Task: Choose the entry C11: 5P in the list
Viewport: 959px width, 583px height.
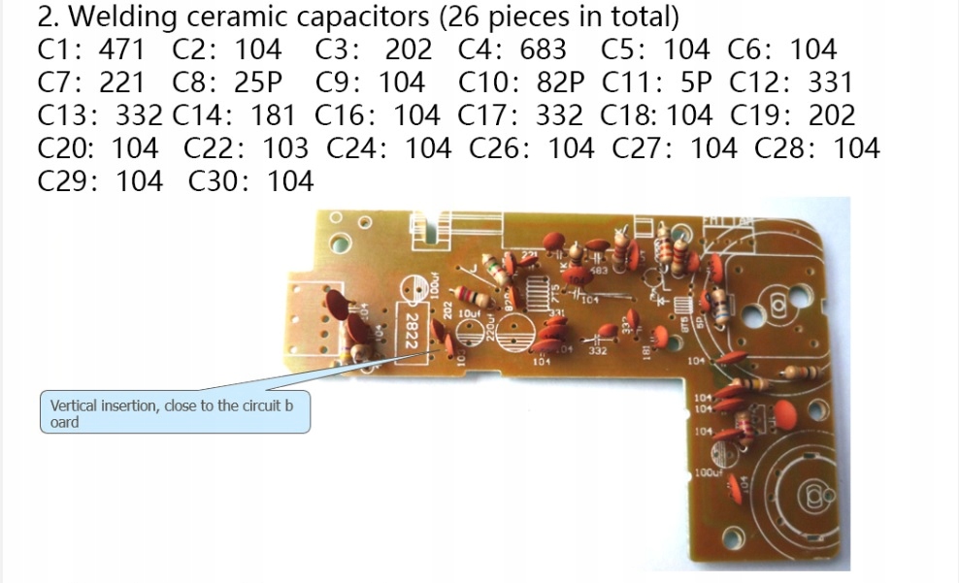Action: tap(658, 82)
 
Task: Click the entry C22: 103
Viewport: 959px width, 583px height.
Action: tap(246, 148)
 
